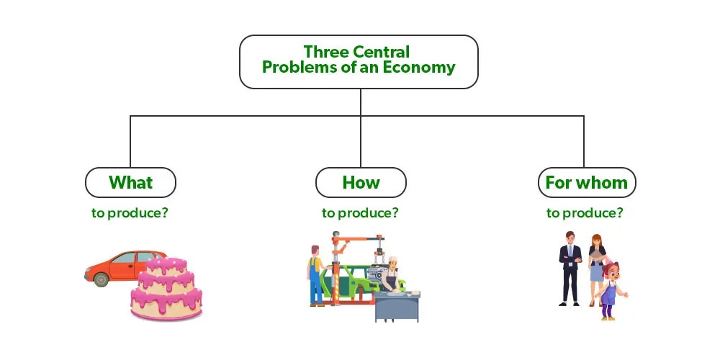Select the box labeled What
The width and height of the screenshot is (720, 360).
click(130, 182)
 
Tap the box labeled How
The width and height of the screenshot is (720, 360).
click(360, 182)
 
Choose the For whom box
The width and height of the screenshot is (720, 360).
click(586, 182)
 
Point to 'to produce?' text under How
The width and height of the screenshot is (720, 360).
click(360, 213)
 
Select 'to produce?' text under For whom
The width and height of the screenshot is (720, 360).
click(585, 213)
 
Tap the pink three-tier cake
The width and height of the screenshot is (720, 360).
click(166, 288)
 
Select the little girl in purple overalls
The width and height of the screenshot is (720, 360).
click(609, 289)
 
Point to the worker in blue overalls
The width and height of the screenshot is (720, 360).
click(315, 274)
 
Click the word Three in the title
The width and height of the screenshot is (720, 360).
click(324, 52)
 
